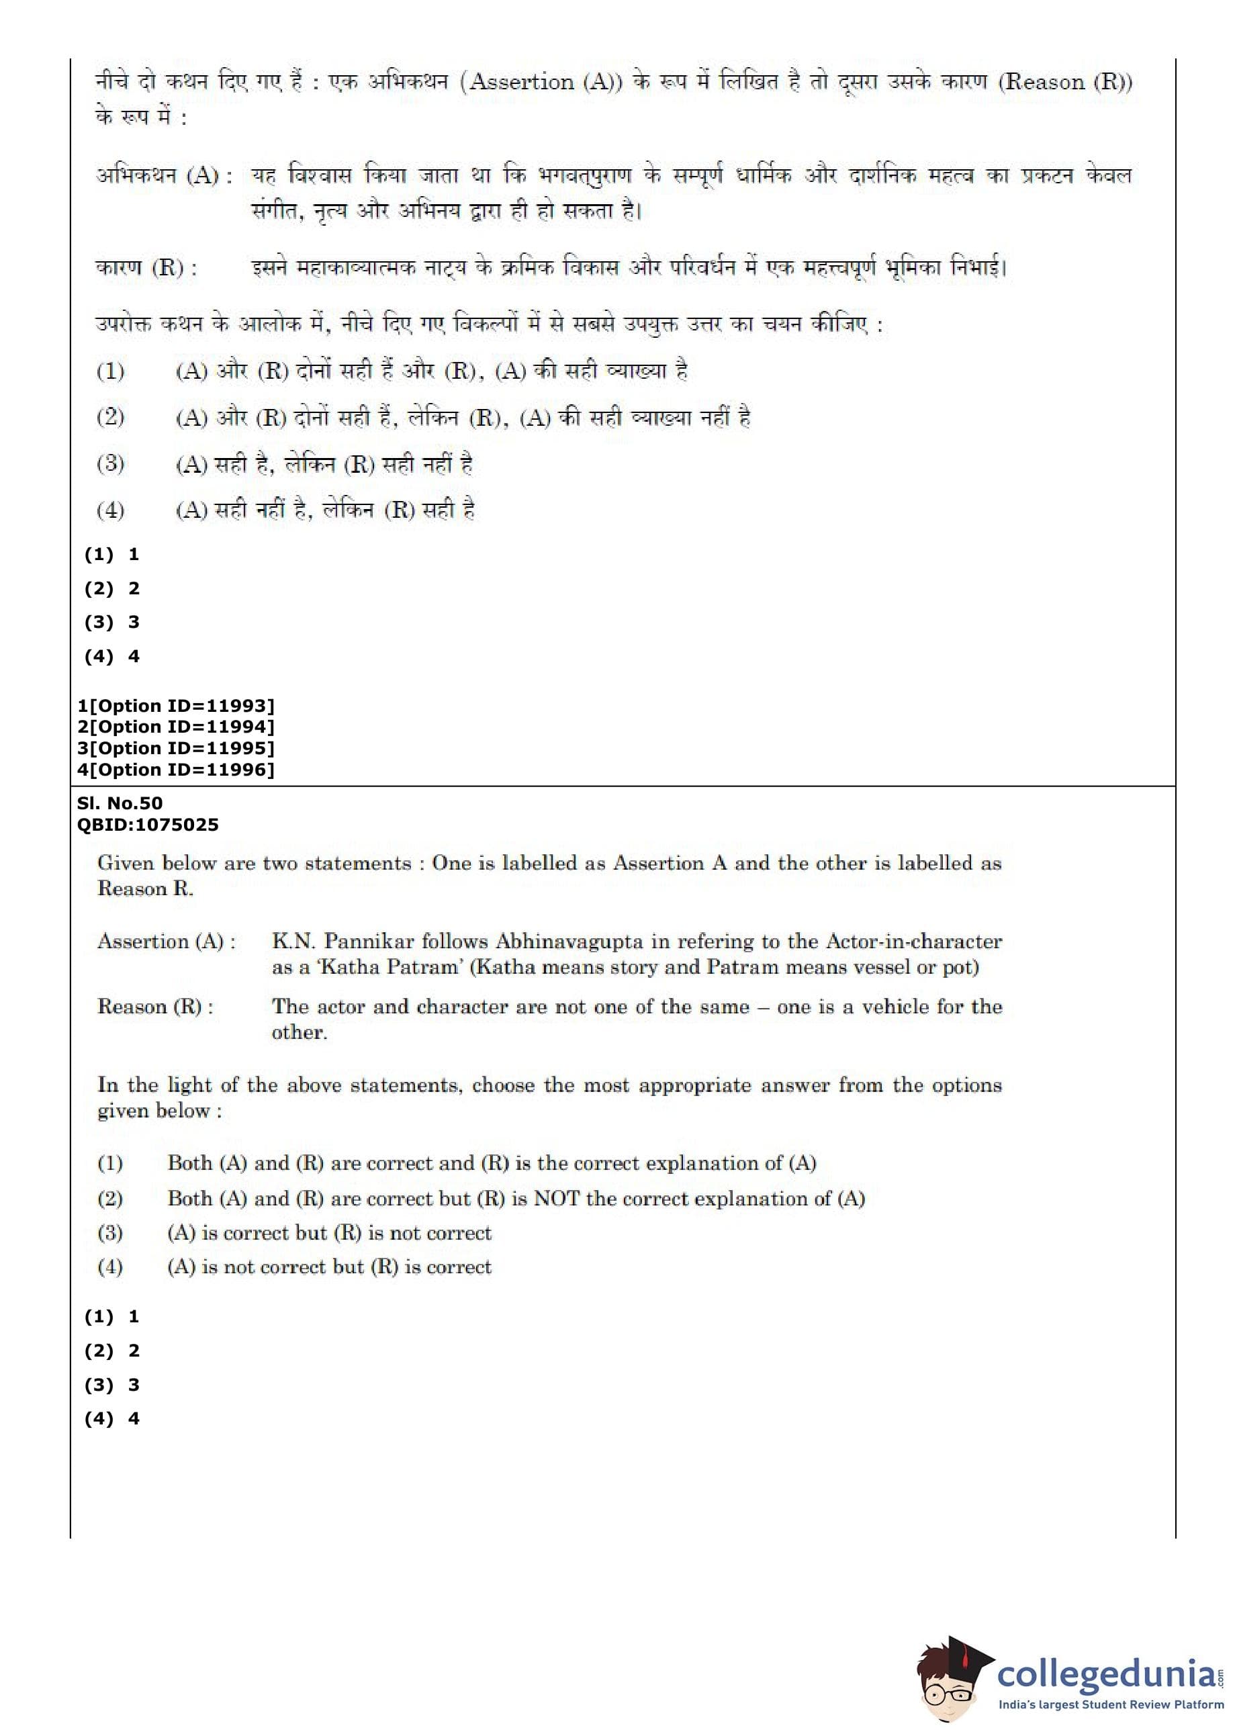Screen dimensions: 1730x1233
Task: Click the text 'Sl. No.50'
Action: pyautogui.click(x=119, y=803)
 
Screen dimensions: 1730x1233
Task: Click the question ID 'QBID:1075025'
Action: pyautogui.click(x=147, y=825)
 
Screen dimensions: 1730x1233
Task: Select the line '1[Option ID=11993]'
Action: pyautogui.click(x=175, y=705)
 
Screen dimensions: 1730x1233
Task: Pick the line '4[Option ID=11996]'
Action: pyautogui.click(x=175, y=770)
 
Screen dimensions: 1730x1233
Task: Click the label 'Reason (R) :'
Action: pyautogui.click(x=155, y=1007)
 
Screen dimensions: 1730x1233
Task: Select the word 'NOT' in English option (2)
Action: pyautogui.click(x=557, y=1199)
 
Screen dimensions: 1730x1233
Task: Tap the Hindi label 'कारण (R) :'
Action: pyautogui.click(x=146, y=268)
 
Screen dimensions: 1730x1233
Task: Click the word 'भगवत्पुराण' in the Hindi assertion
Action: pyautogui.click(x=585, y=176)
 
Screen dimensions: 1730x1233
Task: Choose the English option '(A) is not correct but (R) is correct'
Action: pyautogui.click(x=329, y=1267)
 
